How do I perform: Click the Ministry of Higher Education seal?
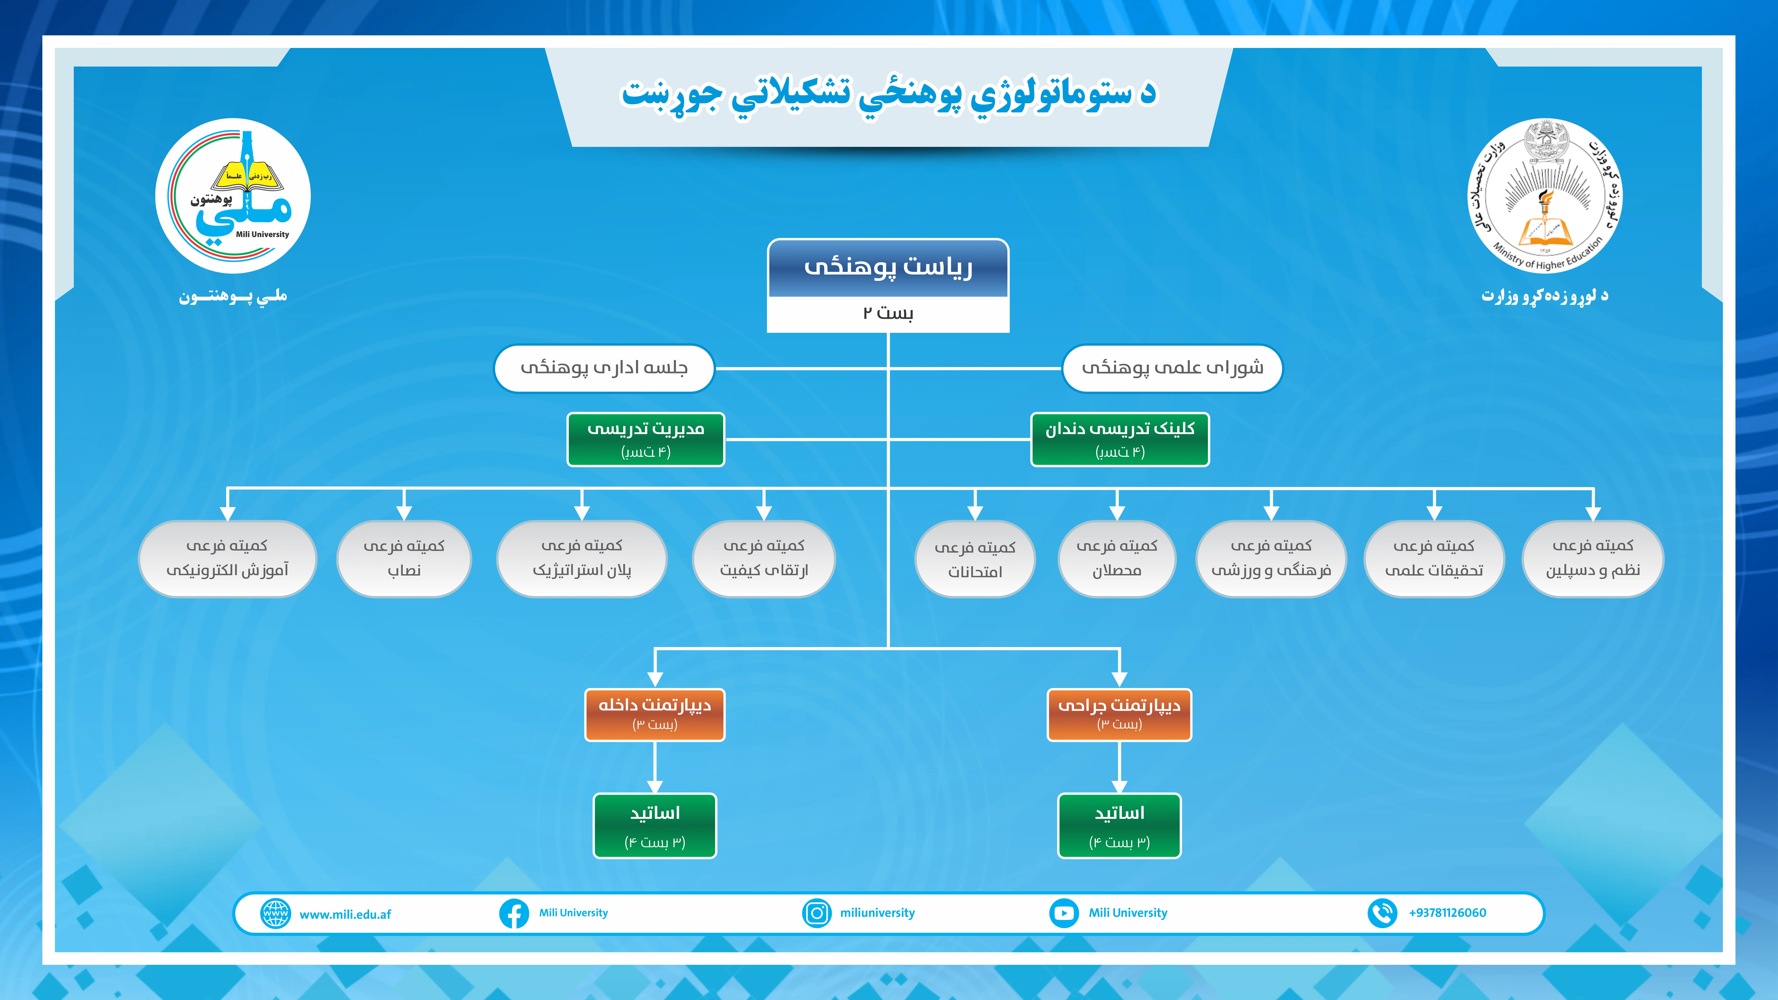1545,196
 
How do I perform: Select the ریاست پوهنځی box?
888,286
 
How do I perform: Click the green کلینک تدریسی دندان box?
1120,440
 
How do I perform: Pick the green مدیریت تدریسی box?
646,440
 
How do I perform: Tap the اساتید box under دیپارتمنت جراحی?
1120,826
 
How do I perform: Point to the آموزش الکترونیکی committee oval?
227,558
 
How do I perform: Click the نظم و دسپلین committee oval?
1593,558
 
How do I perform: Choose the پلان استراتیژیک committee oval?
582,558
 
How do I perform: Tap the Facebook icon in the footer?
514,913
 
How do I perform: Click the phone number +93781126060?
1447,912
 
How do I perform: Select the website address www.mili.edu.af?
345,914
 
